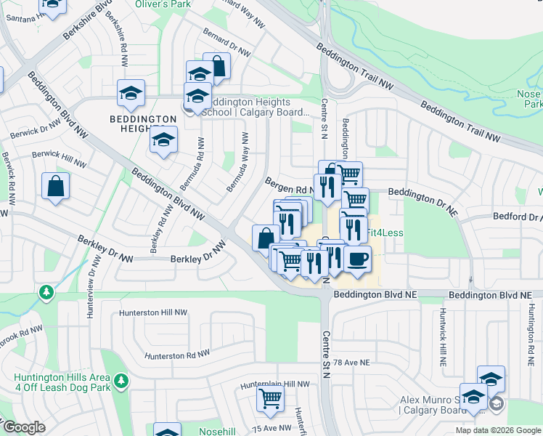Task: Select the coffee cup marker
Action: point(356,259)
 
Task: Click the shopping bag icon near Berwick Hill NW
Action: point(55,187)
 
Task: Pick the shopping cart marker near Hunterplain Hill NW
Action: point(270,398)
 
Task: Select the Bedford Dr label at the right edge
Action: point(518,217)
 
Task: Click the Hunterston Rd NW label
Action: point(177,354)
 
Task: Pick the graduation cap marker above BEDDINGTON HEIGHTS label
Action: point(131,92)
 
